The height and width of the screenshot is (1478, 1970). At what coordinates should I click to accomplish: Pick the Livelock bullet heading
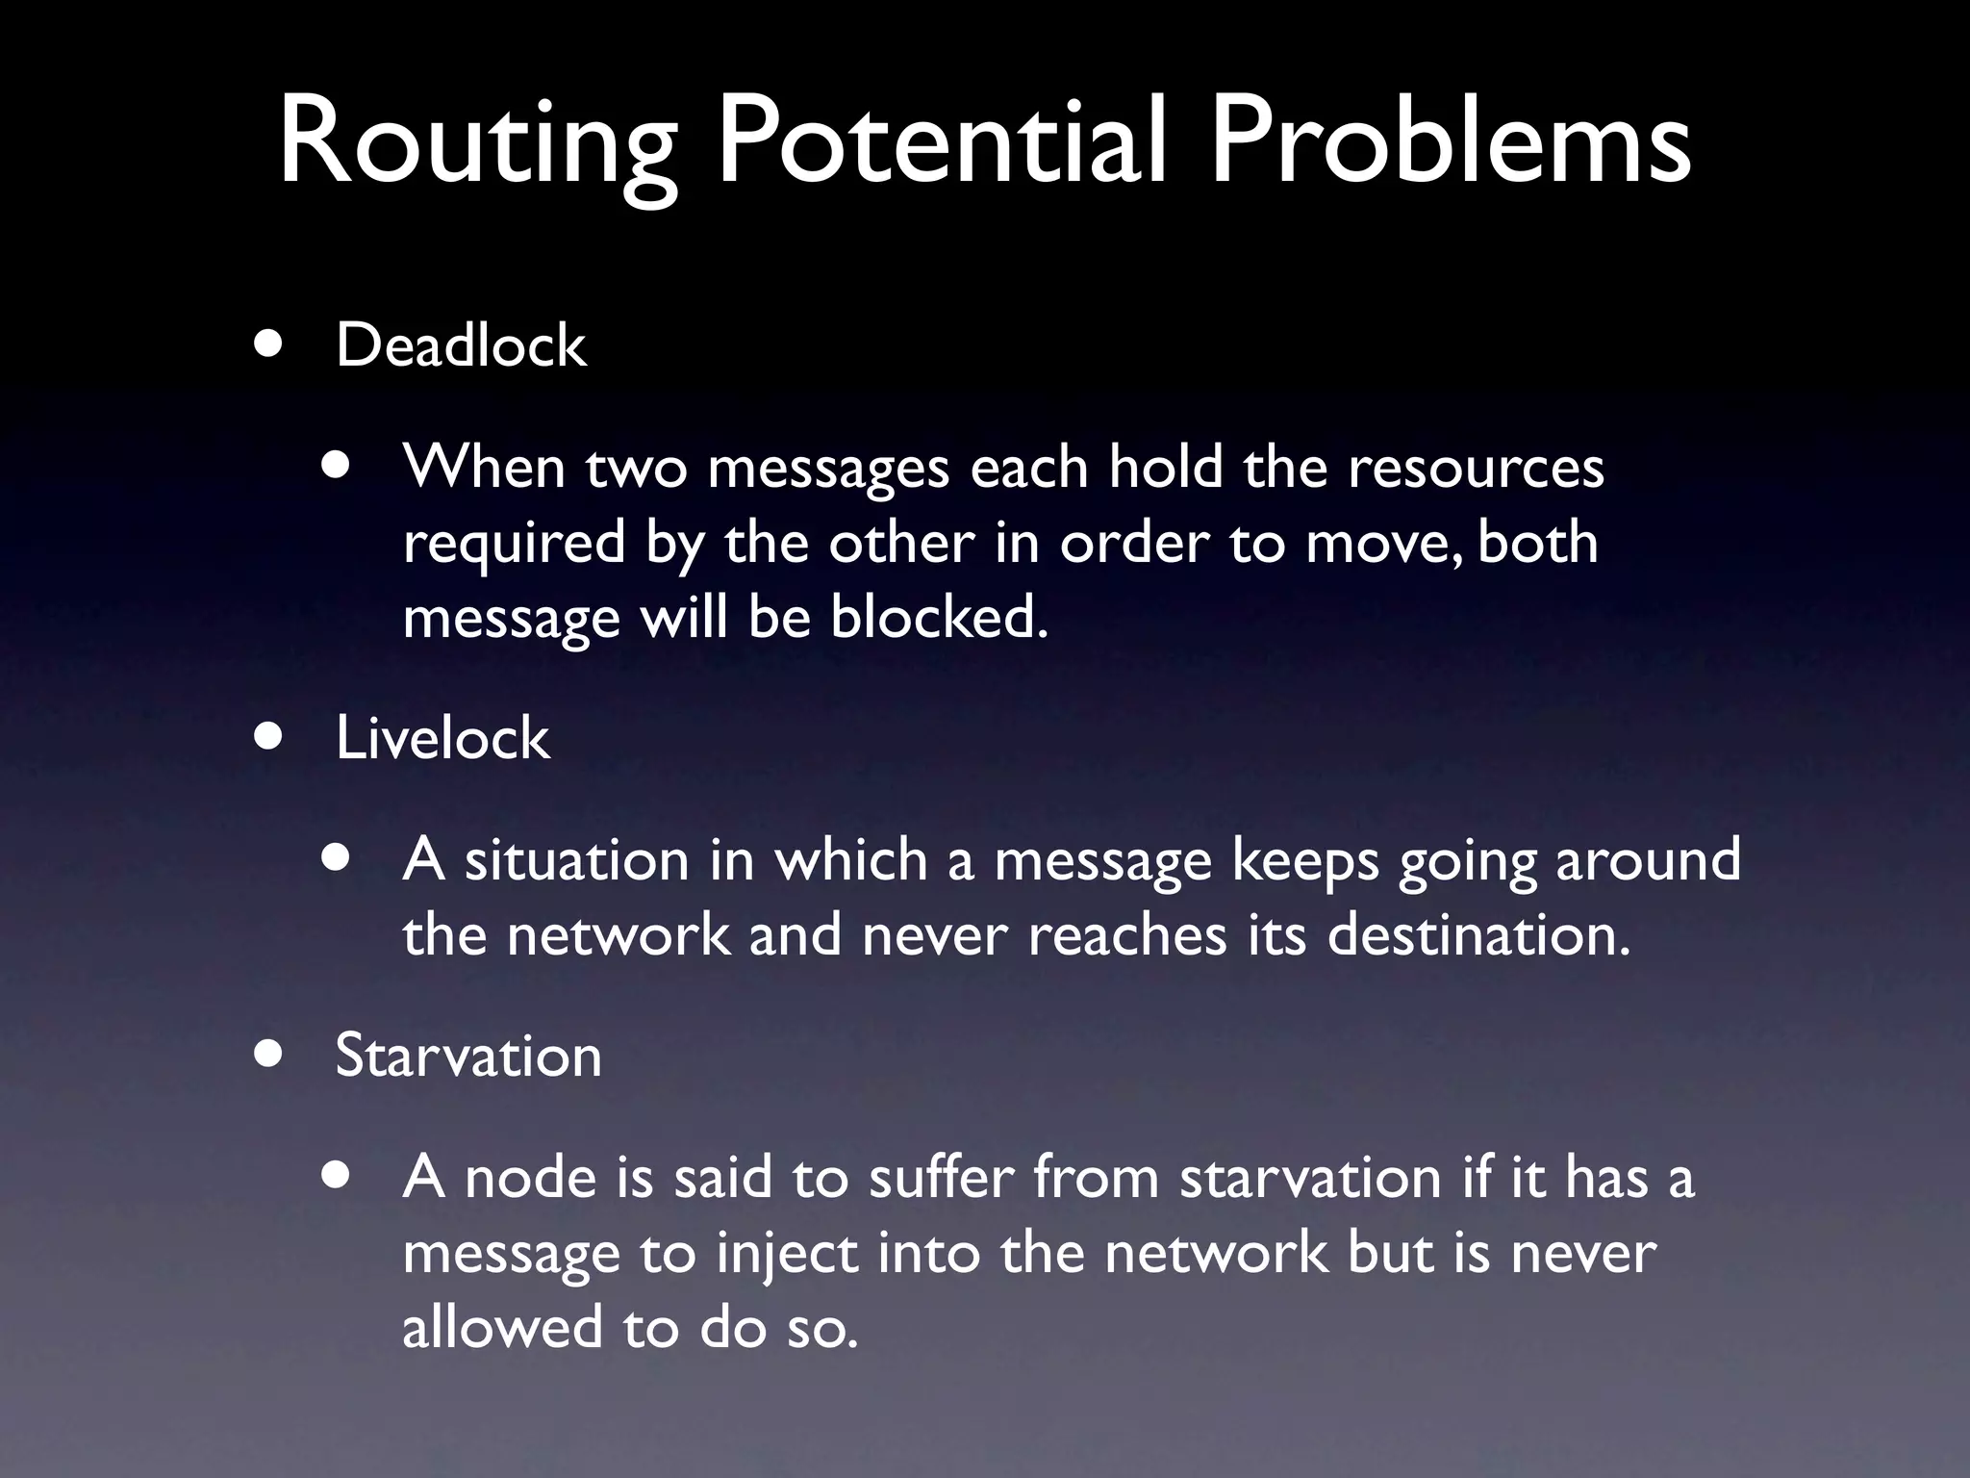click(442, 738)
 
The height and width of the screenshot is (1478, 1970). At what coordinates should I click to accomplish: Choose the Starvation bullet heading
click(468, 1055)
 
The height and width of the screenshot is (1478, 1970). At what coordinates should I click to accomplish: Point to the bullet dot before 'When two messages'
click(337, 467)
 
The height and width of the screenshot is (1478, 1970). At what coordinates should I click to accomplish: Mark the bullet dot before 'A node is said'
click(337, 1177)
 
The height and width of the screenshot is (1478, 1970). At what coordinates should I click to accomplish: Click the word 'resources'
click(1476, 468)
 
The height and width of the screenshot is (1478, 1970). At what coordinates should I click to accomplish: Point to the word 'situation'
click(576, 859)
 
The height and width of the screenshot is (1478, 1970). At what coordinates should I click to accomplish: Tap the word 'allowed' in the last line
click(501, 1327)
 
